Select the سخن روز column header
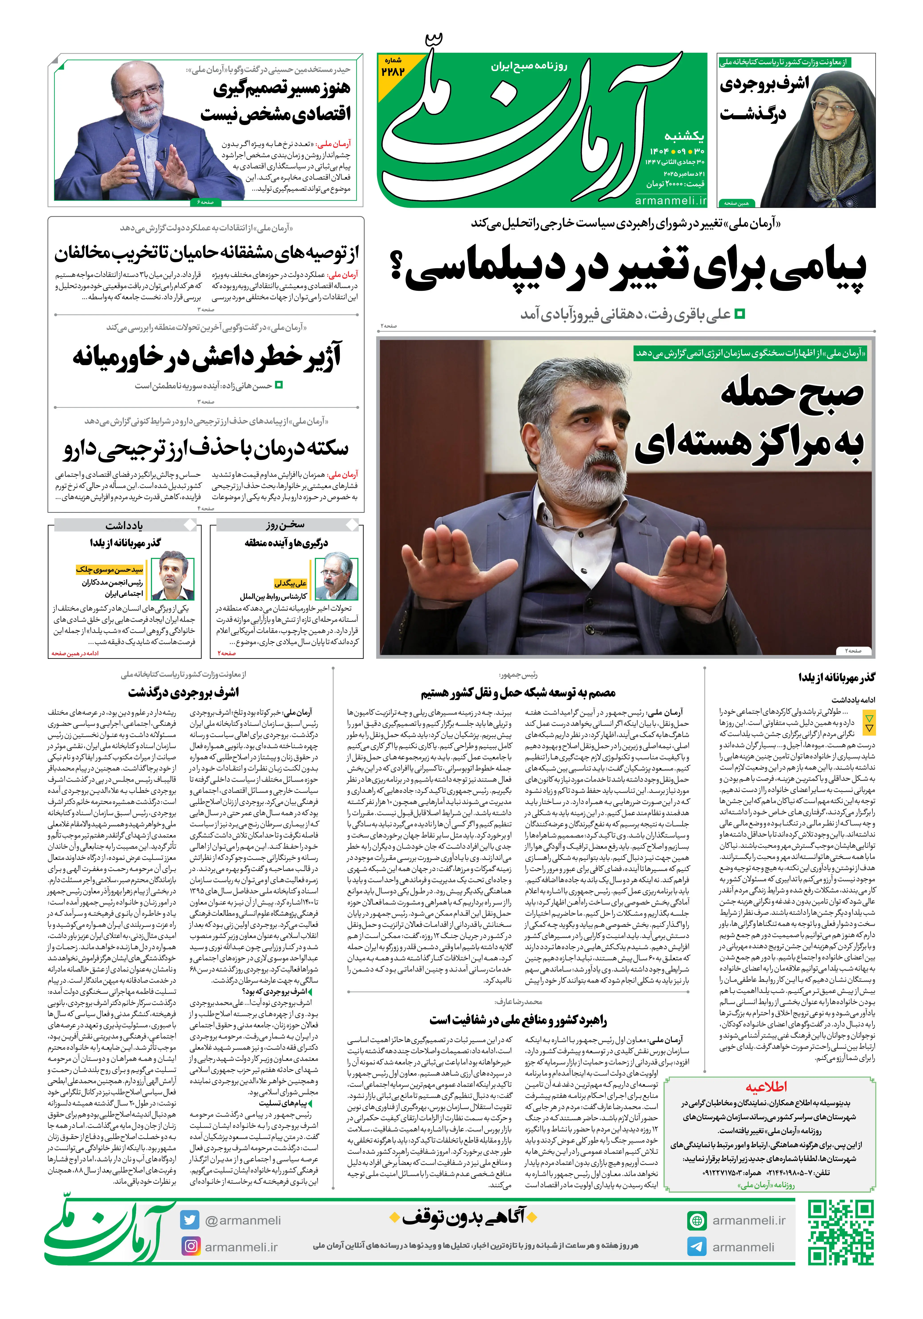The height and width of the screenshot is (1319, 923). click(286, 525)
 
